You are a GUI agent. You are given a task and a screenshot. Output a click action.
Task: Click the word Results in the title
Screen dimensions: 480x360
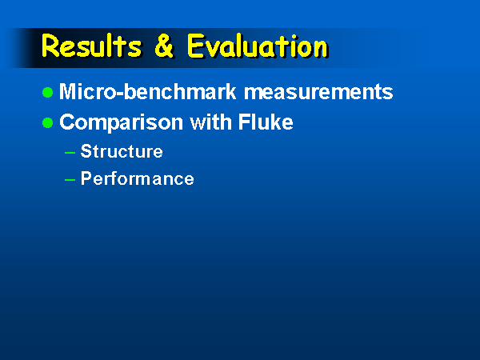pos(91,46)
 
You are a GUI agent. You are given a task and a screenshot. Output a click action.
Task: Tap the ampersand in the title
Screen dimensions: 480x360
pos(164,46)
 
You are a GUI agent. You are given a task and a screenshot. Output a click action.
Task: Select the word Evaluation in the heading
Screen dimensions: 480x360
pos(258,46)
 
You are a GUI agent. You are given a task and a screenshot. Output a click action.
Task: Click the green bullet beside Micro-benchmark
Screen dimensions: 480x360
pos(48,92)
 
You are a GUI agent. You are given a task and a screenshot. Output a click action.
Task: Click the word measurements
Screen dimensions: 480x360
pos(318,92)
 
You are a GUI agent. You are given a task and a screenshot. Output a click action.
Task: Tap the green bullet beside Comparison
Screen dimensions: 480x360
pos(48,122)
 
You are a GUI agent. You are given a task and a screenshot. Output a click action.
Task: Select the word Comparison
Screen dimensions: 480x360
pos(122,122)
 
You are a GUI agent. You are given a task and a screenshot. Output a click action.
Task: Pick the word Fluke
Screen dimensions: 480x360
pos(266,122)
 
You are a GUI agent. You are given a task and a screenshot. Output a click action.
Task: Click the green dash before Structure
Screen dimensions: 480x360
pos(70,152)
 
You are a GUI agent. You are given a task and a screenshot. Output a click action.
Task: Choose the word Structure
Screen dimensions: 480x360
pos(122,151)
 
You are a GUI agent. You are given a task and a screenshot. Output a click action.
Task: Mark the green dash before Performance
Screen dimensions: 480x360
pos(70,180)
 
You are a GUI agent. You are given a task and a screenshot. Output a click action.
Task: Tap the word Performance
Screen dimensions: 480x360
pos(137,178)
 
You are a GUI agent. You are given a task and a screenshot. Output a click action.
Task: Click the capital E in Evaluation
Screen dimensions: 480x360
pos(195,46)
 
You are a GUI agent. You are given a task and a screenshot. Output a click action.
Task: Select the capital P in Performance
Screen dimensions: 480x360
pos(86,178)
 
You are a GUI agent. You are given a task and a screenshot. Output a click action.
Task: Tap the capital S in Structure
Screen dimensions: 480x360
pos(86,151)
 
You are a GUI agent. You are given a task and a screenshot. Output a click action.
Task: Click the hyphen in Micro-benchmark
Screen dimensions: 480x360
pos(120,94)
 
